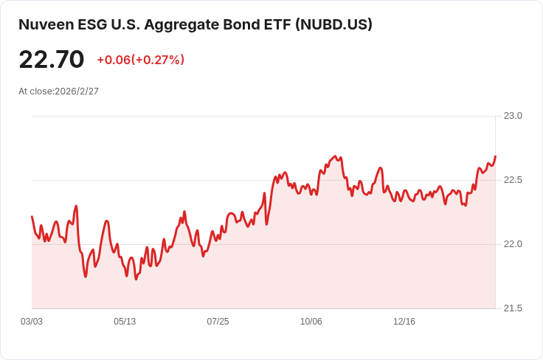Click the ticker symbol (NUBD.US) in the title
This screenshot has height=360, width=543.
(x=333, y=24)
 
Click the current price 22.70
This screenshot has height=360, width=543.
(x=52, y=60)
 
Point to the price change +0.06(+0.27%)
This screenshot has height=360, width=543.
(x=141, y=60)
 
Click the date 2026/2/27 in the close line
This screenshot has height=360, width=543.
(x=77, y=91)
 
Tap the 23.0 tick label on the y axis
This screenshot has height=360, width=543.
(x=513, y=116)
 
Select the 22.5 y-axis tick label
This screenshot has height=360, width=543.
(x=513, y=180)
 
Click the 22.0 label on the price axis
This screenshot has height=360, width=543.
(x=513, y=244)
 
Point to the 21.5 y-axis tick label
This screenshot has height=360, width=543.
(x=513, y=308)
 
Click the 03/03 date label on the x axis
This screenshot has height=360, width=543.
(x=32, y=322)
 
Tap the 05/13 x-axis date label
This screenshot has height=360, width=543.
(x=125, y=322)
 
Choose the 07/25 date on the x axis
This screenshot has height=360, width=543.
(x=218, y=322)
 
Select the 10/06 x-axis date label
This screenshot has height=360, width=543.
(x=311, y=322)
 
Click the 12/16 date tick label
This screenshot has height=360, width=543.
(x=404, y=322)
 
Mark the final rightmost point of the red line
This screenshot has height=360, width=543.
(x=496, y=156)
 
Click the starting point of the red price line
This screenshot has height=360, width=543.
(x=32, y=216)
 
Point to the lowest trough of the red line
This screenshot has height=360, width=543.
(x=136, y=279)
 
